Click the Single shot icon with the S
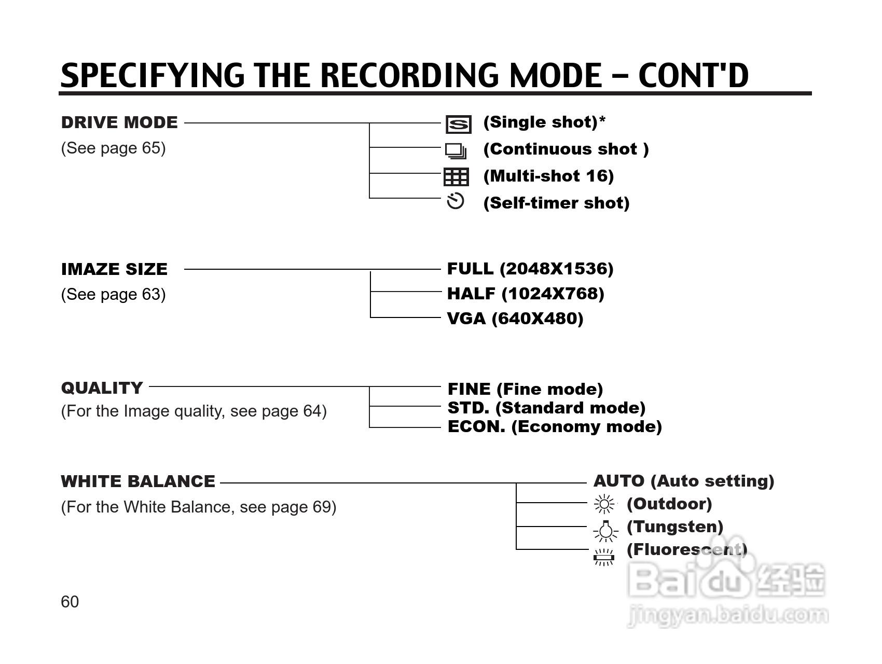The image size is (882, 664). (458, 125)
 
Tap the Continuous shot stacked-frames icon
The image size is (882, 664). (456, 150)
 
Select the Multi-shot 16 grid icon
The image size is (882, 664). (456, 177)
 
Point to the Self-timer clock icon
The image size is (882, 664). (455, 201)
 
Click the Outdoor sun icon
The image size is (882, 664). (604, 504)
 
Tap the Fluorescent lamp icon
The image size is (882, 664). (604, 557)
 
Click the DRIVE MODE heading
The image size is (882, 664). (119, 122)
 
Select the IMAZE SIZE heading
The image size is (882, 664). (114, 269)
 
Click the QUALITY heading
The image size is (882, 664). (102, 388)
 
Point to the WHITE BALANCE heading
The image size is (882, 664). (138, 481)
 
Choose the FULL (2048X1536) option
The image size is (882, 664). (530, 269)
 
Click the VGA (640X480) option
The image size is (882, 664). (515, 318)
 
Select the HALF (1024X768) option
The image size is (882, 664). (526, 294)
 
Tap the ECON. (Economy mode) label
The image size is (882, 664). (554, 426)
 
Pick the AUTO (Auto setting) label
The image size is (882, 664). (683, 481)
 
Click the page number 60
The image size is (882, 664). (70, 601)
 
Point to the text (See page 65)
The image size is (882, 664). (113, 148)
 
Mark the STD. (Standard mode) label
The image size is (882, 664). (546, 408)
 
